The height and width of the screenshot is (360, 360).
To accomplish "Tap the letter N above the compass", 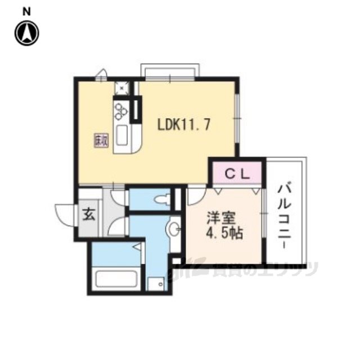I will point(26,10).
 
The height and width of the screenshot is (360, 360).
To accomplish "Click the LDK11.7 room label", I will point(184,124).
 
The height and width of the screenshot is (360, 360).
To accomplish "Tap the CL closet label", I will point(237,174).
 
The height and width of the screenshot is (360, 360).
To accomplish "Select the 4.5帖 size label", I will point(224,233).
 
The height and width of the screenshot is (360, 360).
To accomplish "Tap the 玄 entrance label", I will point(89,214).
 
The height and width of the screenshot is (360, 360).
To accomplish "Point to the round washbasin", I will point(175,229).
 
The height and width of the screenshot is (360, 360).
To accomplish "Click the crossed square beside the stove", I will point(121,88).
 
